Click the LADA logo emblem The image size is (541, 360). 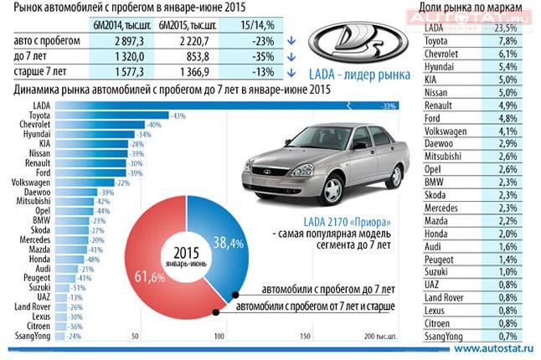pos(350,47)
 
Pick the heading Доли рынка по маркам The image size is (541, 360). pos(474,8)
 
